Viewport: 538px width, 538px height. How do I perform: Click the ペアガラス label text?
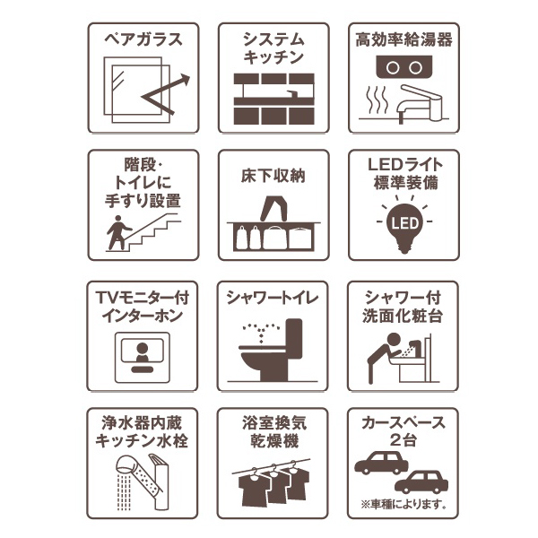click(x=143, y=39)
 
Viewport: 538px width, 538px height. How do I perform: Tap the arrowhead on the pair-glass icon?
click(x=185, y=79)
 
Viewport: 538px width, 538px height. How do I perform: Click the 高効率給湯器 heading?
click(x=403, y=39)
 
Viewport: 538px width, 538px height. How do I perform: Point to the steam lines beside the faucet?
click(x=377, y=100)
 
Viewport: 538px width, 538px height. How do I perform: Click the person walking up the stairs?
click(x=118, y=232)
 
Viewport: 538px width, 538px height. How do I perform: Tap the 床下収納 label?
click(x=273, y=176)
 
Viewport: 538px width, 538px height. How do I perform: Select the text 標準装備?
click(x=406, y=183)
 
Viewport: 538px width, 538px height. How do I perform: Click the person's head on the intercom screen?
click(x=142, y=348)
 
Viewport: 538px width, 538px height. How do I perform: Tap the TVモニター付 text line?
click(x=143, y=297)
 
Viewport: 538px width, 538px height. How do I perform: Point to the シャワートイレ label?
click(x=273, y=298)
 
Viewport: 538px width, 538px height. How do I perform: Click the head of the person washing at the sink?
click(x=394, y=340)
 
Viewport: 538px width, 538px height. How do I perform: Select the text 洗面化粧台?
click(x=403, y=316)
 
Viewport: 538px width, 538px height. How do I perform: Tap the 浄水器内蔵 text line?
click(x=142, y=423)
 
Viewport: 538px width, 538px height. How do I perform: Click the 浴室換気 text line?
click(x=274, y=423)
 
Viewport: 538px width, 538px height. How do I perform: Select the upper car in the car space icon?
click(x=381, y=463)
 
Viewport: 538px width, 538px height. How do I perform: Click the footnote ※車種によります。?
click(x=403, y=504)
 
